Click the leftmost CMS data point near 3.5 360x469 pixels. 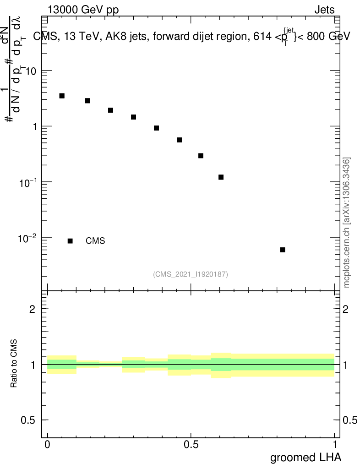point(62,96)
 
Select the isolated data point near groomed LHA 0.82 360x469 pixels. point(283,250)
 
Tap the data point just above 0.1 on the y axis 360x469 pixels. point(221,177)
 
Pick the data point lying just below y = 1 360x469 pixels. point(156,128)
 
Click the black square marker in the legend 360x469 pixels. point(70,241)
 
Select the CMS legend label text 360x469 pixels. point(95,241)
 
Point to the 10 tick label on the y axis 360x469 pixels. point(31,71)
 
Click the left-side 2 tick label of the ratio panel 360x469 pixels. point(33,309)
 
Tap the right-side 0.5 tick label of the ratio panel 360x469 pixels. point(350,420)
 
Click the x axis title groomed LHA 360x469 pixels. point(305,458)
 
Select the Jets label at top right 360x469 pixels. point(324,10)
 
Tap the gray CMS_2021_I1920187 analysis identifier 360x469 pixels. point(191,274)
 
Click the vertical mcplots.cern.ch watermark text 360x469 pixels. point(347,223)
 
